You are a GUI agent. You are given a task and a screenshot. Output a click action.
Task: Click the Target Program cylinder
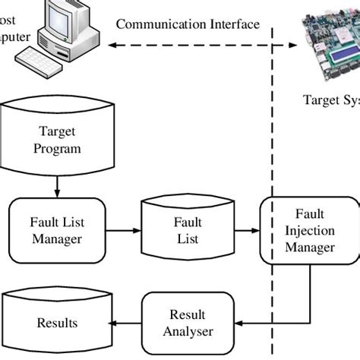(57, 141)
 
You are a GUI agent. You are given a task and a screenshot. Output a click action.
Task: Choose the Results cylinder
(58, 322)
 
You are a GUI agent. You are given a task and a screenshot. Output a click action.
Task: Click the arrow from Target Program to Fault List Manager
(57, 185)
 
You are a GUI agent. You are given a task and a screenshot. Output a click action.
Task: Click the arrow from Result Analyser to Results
(128, 322)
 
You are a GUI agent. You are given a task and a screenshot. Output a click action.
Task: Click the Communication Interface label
(188, 24)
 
